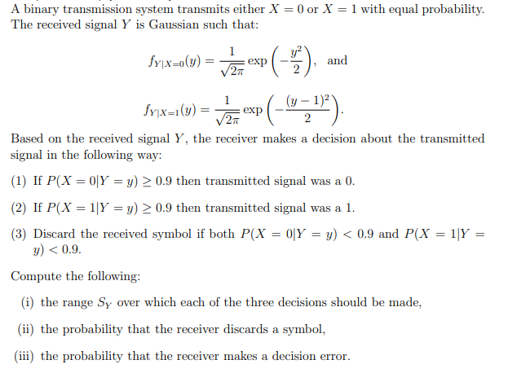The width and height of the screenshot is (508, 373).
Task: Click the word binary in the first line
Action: coord(38,10)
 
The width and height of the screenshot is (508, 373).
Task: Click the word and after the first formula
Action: coord(337,60)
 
